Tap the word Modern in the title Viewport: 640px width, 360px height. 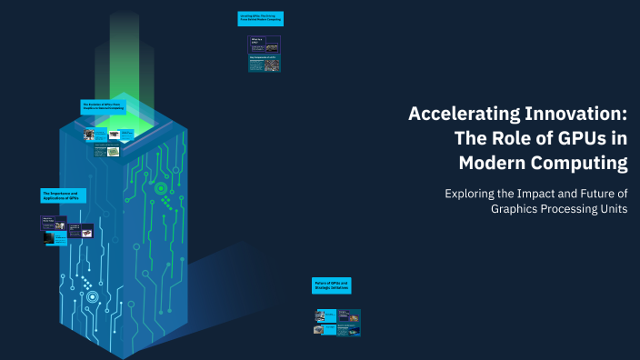coord(495,164)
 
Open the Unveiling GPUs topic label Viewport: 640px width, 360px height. coord(262,17)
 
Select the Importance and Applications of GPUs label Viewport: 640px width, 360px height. coord(63,195)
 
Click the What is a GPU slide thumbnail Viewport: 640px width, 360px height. coord(264,44)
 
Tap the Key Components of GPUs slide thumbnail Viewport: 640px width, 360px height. coord(265,64)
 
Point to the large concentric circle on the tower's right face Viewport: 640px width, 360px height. coord(161,189)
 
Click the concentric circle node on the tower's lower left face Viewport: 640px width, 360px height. coord(92,296)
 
